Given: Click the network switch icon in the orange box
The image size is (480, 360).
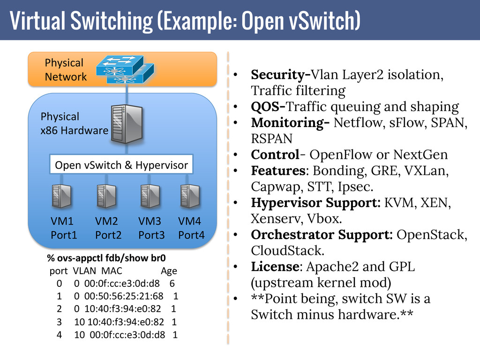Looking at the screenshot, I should pyautogui.click(x=124, y=69).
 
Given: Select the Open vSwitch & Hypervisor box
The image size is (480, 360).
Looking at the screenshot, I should pyautogui.click(x=121, y=165).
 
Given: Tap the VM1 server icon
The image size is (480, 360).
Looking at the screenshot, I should pyautogui.click(x=61, y=196).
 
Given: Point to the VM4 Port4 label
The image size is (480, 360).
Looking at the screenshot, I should pyautogui.click(x=191, y=228).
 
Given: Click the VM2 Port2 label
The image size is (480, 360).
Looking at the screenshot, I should pyautogui.click(x=108, y=228).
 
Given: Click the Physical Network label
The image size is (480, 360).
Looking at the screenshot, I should pyautogui.click(x=65, y=70).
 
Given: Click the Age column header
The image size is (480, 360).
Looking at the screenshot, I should pyautogui.click(x=169, y=271).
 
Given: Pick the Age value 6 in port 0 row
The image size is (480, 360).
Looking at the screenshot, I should pyautogui.click(x=172, y=284).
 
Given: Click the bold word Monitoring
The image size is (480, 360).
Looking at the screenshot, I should pyautogui.click(x=288, y=123).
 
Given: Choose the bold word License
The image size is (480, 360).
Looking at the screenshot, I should pyautogui.click(x=275, y=267).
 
